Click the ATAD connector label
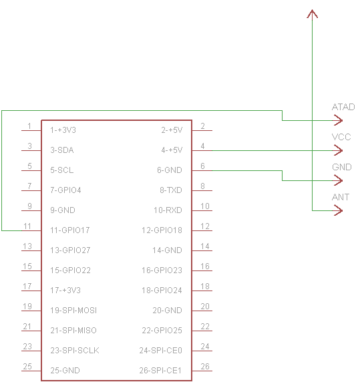pos(343,108)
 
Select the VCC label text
pos(341,137)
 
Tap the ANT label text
pos(341,197)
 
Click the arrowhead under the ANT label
pos(338,210)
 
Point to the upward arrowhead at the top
pos(313,14)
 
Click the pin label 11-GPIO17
pos(70,230)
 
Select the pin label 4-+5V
pos(172,150)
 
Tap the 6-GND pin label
pos(170,170)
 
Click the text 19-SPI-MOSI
pos(73,311)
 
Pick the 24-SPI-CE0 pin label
pos(161,351)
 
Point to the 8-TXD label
pos(171,190)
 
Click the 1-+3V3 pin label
pos(63,130)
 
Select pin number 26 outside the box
pos(205,367)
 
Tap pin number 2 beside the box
pos(202,126)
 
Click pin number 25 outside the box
pos(27,367)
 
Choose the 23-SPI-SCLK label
pos(75,351)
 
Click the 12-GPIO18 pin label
pos(162,230)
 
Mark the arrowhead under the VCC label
pos(338,150)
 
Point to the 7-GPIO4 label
pos(65,190)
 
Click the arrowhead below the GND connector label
pos(338,180)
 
